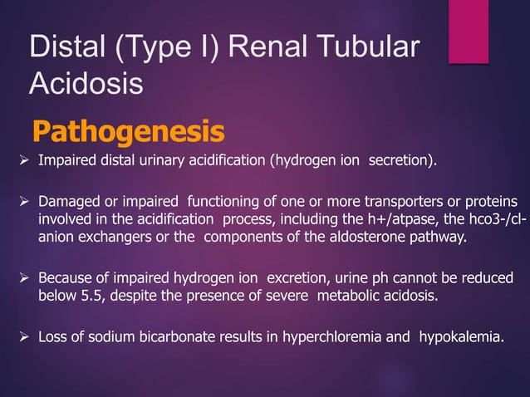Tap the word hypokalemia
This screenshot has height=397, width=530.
point(460,338)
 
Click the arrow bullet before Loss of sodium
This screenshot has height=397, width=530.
point(25,338)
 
